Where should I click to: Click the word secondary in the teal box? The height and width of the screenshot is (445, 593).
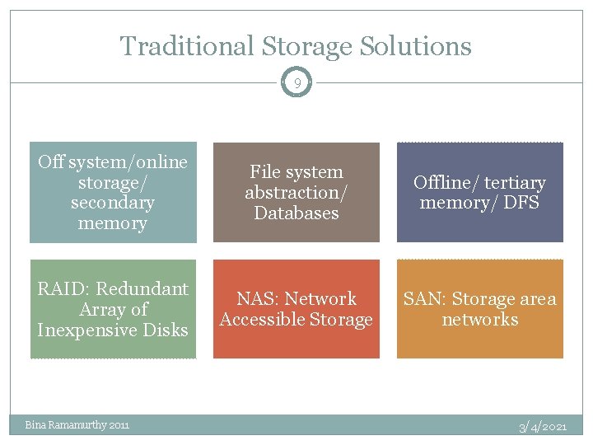[x=113, y=203]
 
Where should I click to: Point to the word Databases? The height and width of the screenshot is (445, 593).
[x=296, y=213]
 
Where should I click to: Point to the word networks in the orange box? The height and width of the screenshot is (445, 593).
[x=480, y=319]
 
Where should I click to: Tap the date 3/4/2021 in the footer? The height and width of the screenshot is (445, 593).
[x=543, y=426]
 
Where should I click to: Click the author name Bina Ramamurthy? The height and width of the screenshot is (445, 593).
[x=65, y=425]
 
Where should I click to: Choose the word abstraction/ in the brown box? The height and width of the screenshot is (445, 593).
[x=296, y=192]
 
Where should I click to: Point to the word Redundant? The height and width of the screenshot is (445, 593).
[x=144, y=288]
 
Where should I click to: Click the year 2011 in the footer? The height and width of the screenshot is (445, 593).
[x=118, y=425]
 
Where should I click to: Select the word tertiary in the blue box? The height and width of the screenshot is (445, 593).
[x=515, y=182]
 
